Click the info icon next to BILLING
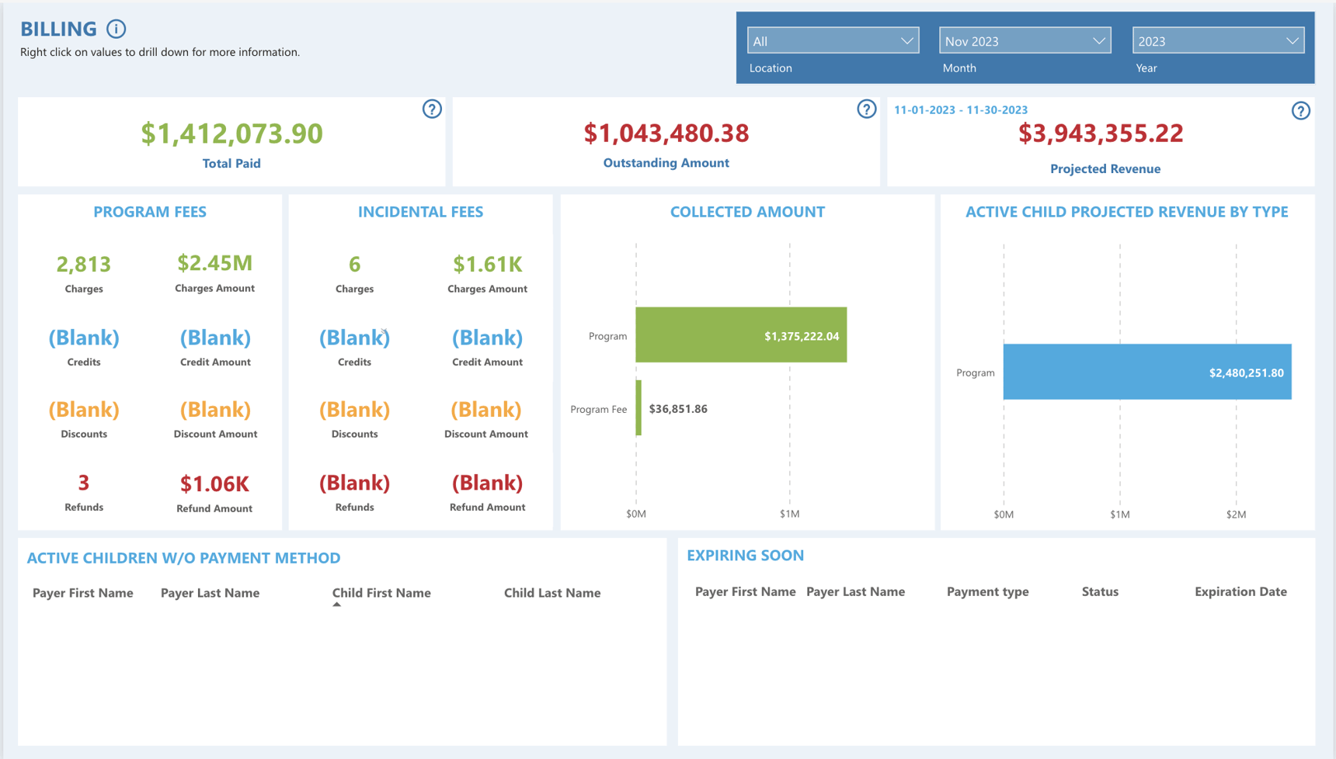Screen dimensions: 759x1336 click(x=117, y=29)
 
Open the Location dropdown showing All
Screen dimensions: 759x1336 click(x=833, y=41)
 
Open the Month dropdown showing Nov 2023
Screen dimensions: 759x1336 click(x=1025, y=41)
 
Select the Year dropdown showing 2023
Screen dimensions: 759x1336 click(x=1217, y=41)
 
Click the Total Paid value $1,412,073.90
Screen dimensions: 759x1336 click(x=231, y=133)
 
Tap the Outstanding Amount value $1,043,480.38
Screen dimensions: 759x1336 click(x=666, y=133)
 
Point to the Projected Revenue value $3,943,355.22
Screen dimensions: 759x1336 click(x=1101, y=133)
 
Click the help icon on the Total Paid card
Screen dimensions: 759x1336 click(x=432, y=109)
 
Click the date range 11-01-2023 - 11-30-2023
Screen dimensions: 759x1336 click(x=960, y=110)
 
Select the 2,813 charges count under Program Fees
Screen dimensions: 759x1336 click(x=84, y=265)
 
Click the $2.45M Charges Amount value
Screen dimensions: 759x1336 click(x=214, y=263)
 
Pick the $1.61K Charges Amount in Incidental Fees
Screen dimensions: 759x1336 click(x=487, y=265)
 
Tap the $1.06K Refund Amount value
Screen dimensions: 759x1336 click(x=214, y=484)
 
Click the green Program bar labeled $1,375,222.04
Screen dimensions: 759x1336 click(x=740, y=335)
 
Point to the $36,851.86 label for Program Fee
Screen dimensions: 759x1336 click(x=677, y=409)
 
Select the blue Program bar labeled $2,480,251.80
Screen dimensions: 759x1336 click(x=1146, y=373)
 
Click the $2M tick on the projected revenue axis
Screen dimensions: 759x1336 click(x=1236, y=515)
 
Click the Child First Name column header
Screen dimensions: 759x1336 click(x=381, y=593)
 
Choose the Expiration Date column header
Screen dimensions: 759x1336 click(x=1240, y=591)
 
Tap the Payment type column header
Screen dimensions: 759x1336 click(x=987, y=591)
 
